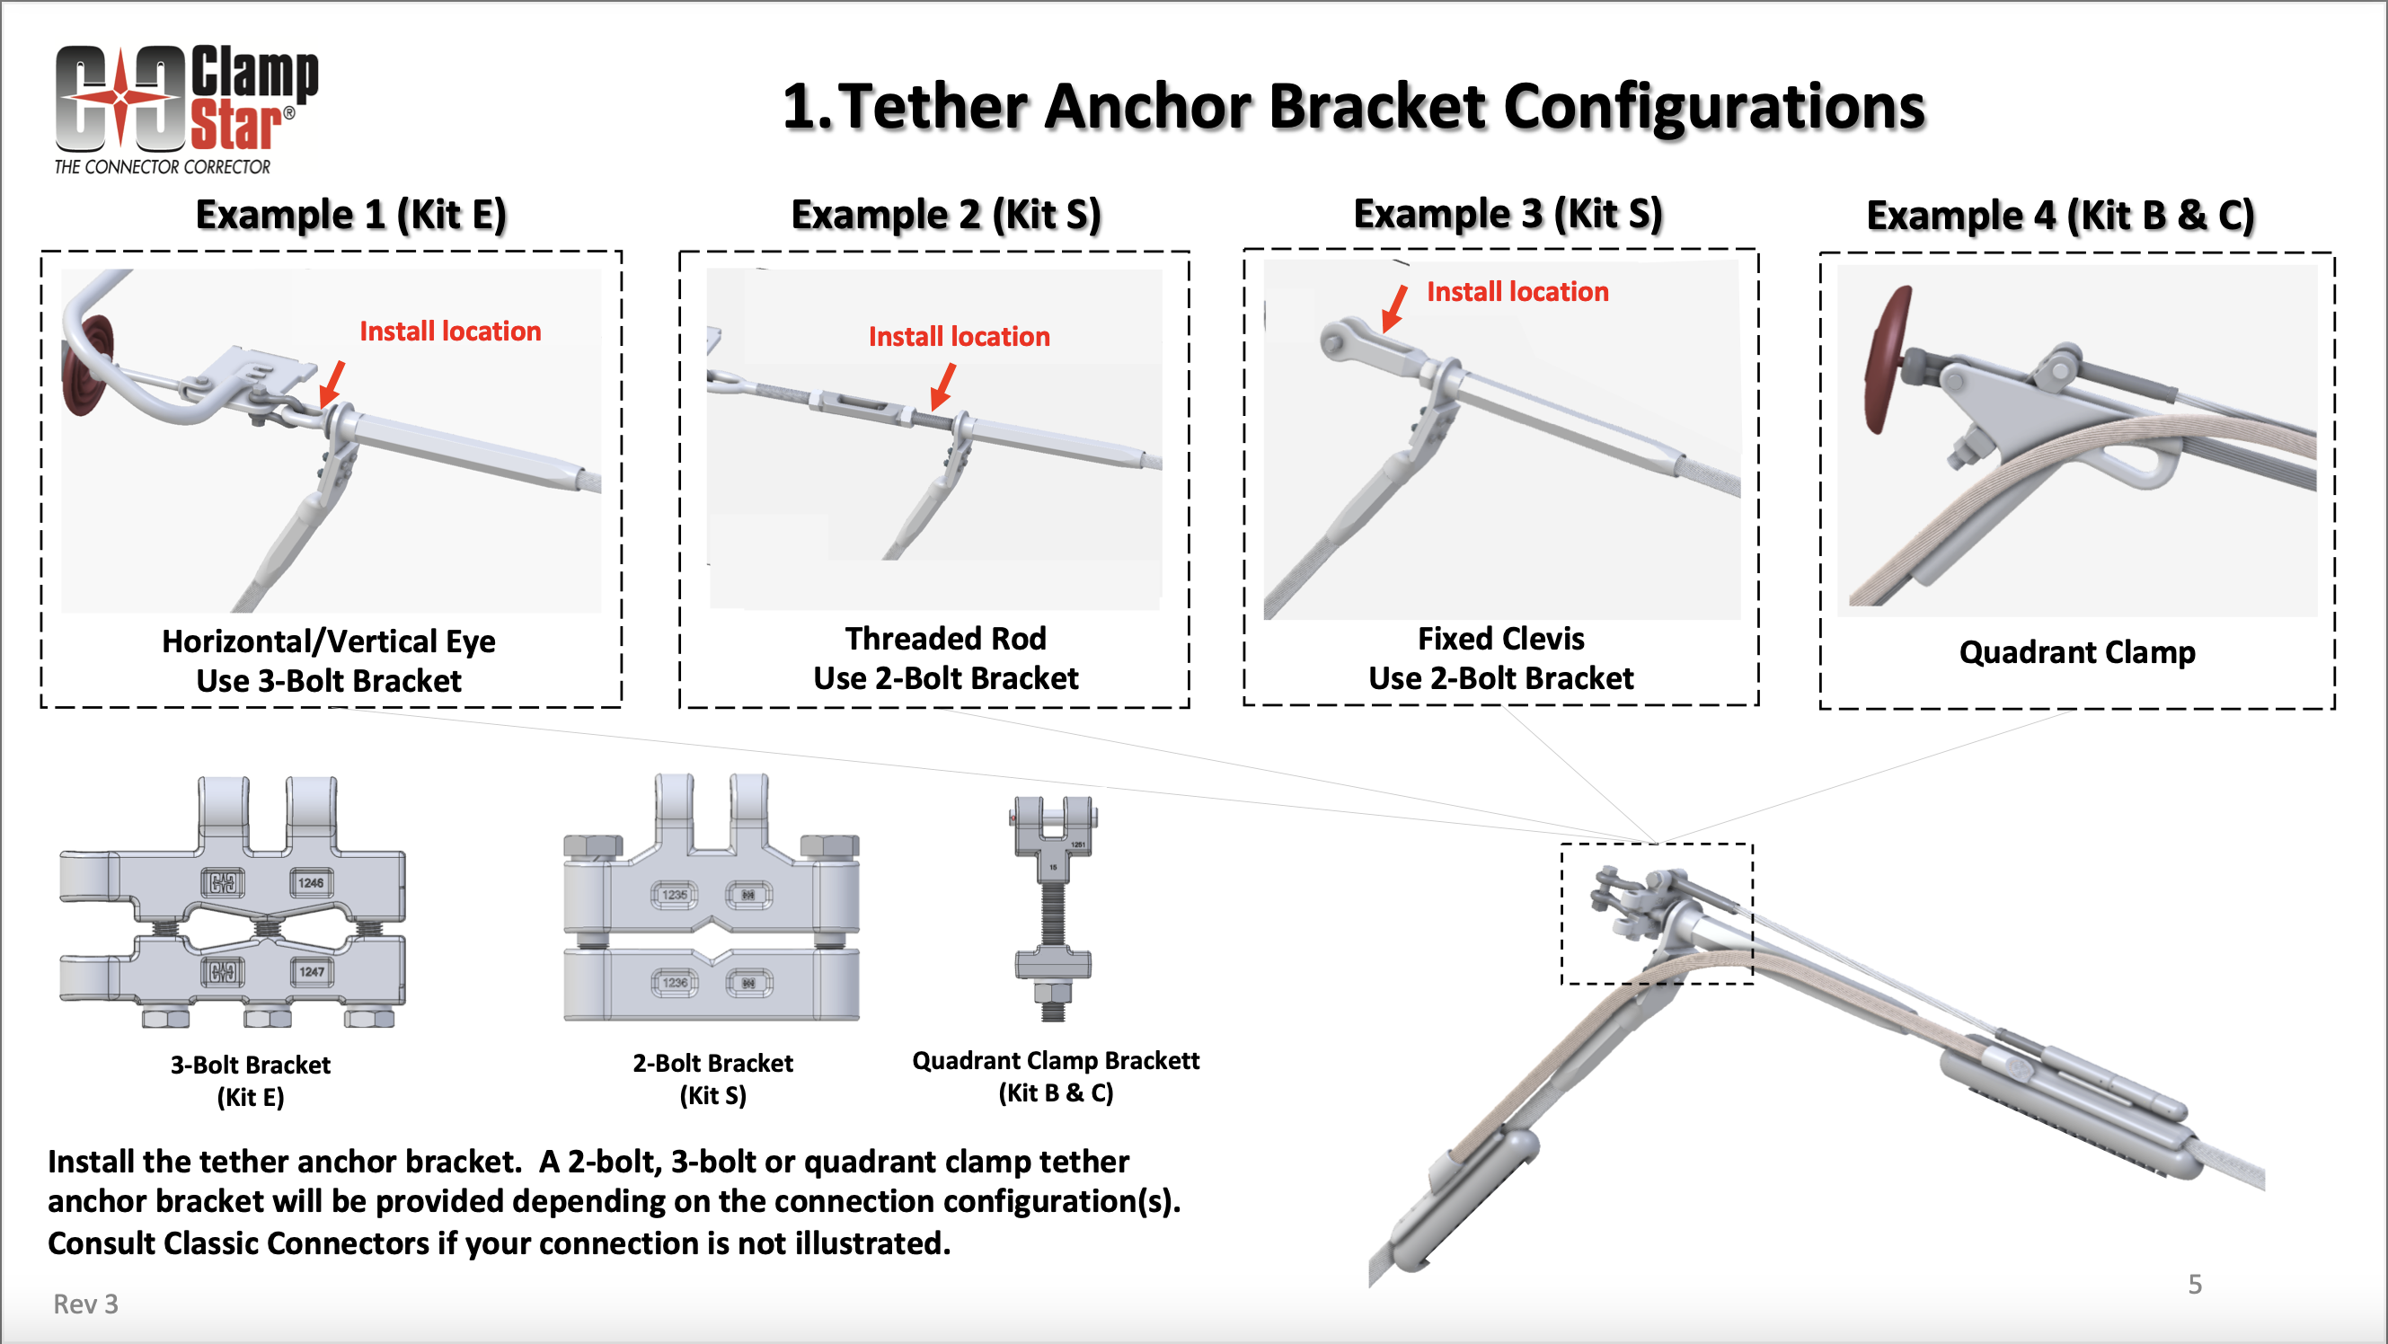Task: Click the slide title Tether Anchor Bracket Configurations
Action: (1353, 107)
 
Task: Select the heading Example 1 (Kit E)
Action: (350, 215)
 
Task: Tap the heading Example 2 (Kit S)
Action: (945, 215)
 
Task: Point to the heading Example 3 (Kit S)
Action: (1508, 214)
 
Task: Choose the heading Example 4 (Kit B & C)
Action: (2060, 216)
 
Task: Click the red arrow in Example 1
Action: (332, 383)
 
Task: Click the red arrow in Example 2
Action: (943, 385)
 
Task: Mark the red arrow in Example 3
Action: (1393, 309)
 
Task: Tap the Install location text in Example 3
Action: (1517, 292)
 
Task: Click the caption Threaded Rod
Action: (945, 639)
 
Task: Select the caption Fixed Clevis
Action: (1501, 639)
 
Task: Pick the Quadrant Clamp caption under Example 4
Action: (2076, 652)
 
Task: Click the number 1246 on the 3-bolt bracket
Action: (311, 882)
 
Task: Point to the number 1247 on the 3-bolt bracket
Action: (312, 971)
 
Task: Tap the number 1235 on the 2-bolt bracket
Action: (674, 895)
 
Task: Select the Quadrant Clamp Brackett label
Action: (1055, 1060)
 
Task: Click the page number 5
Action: (2194, 1284)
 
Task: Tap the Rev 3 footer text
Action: (85, 1304)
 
